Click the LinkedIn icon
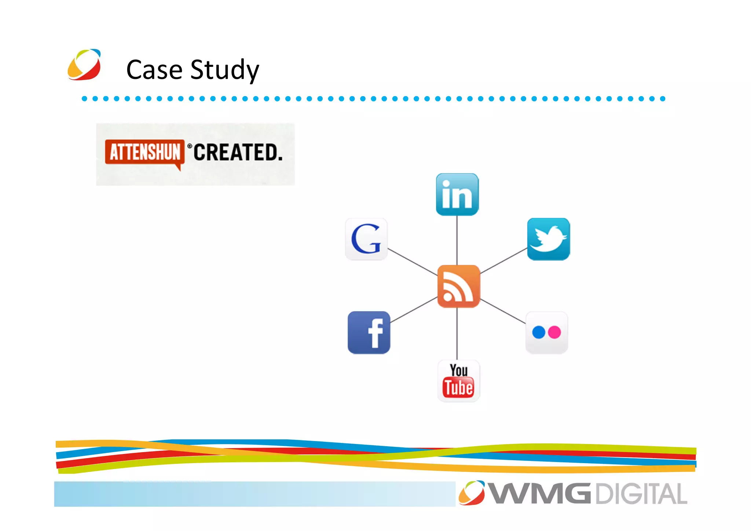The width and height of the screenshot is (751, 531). [457, 194]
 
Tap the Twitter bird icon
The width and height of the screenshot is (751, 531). [548, 239]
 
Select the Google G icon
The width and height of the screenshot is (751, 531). [366, 239]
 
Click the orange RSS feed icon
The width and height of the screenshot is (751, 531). [458, 286]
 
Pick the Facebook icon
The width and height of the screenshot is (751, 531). [369, 332]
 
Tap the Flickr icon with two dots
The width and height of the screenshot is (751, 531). [546, 332]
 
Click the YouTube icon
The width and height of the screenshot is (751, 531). [458, 381]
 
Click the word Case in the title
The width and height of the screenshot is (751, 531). [154, 70]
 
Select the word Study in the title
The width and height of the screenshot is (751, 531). [224, 70]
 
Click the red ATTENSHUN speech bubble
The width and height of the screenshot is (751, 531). [145, 152]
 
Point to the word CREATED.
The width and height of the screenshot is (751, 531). [238, 153]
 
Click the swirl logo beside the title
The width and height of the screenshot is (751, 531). [84, 65]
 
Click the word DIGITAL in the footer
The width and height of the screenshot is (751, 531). [641, 494]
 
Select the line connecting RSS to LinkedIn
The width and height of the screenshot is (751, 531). [457, 240]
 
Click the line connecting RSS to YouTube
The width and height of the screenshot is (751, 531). [457, 334]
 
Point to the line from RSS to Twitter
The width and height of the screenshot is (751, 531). [503, 261]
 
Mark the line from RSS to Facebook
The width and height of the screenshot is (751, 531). [414, 310]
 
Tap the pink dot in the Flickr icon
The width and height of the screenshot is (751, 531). [554, 332]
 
